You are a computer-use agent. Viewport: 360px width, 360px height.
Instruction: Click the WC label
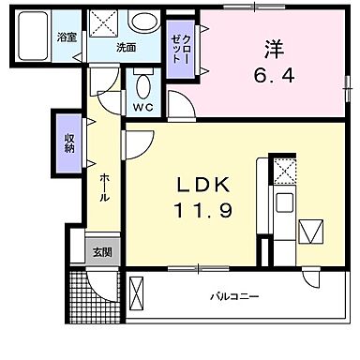click(x=142, y=107)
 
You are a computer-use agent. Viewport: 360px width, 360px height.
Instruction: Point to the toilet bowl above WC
click(x=142, y=84)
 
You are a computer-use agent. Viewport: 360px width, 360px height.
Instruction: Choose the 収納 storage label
click(x=69, y=142)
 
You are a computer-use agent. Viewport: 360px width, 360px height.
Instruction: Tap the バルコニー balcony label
click(x=234, y=297)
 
